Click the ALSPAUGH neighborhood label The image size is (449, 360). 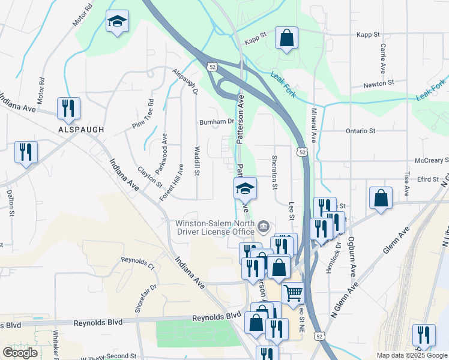[81, 129]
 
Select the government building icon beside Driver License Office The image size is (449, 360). [263, 226]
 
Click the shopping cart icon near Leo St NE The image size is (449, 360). [293, 293]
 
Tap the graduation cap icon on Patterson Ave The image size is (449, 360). [245, 189]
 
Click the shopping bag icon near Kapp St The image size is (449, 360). [287, 38]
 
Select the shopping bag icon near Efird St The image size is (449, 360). [381, 198]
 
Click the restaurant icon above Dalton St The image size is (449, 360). [26, 152]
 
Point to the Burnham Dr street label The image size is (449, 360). [217, 121]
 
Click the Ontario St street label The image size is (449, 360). [360, 130]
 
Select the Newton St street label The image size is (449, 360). [378, 82]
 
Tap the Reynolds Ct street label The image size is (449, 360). [137, 260]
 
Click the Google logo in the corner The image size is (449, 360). [20, 352]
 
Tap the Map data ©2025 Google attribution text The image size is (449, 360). [412, 355]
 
